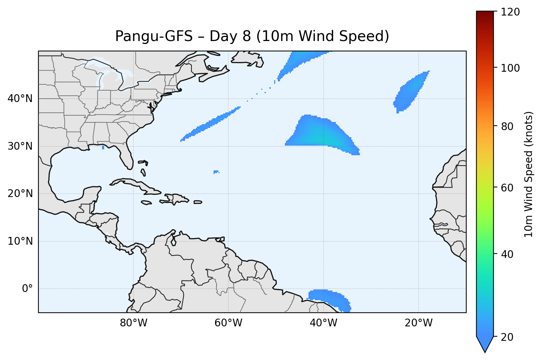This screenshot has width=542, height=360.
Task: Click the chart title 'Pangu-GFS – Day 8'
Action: point(252,36)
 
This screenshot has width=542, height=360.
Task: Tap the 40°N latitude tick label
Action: point(20,99)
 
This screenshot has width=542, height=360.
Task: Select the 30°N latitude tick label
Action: point(20,146)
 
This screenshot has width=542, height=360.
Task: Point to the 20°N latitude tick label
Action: point(20,194)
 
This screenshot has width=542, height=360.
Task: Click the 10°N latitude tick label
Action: point(20,241)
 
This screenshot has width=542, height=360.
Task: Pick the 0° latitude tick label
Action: point(27,289)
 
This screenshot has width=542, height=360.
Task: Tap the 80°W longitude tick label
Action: point(133,323)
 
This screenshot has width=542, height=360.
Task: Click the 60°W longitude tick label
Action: point(228,323)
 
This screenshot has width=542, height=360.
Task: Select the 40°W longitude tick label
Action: point(323,323)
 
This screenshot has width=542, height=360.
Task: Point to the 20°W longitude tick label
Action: point(418,323)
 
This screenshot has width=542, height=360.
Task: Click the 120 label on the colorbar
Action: point(511,12)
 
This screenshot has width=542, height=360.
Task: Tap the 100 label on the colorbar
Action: point(511,68)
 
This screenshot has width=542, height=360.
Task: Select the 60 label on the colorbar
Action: point(508,188)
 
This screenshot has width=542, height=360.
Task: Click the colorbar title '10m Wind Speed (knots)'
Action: point(529,174)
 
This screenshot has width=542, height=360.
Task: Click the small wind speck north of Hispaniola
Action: point(216,172)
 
